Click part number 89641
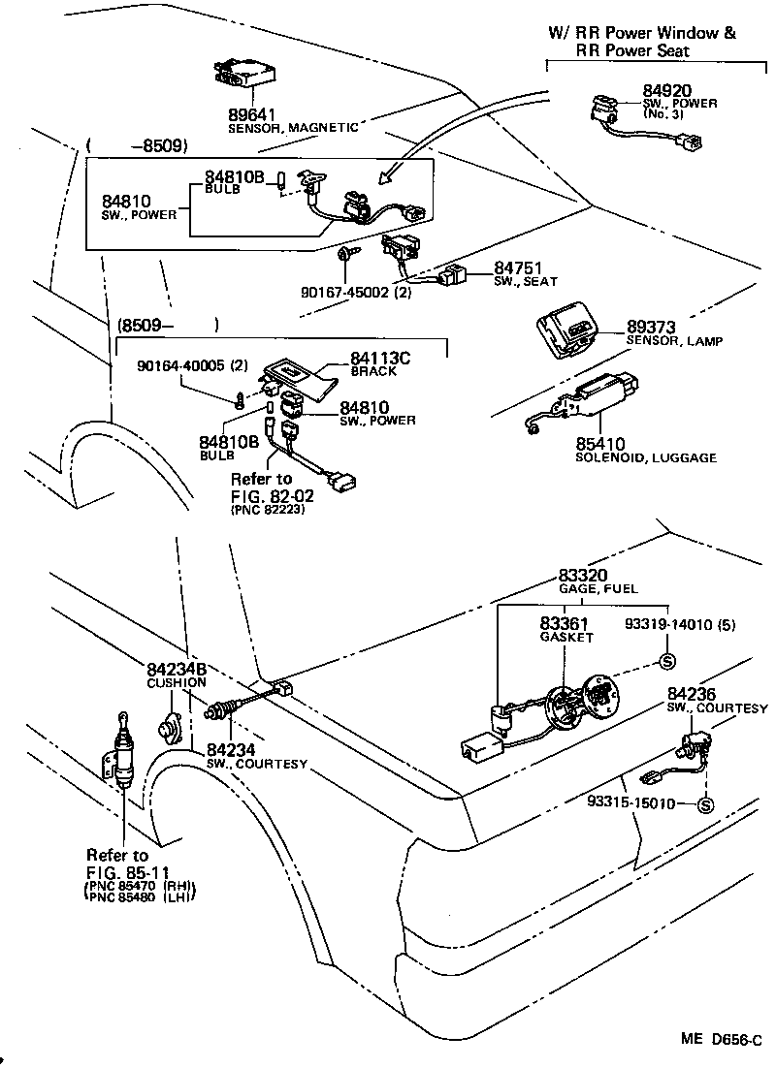click(x=251, y=112)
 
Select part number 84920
click(x=666, y=91)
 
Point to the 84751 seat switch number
click(x=518, y=267)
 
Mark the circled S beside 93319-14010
click(x=666, y=662)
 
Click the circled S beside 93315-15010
click(x=705, y=804)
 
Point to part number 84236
click(x=692, y=694)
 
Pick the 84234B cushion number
click(x=177, y=669)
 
